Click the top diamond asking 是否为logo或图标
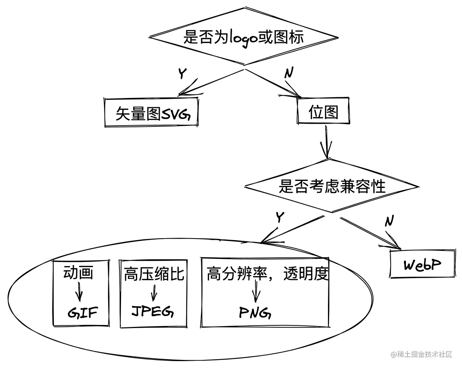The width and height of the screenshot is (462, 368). tap(243, 38)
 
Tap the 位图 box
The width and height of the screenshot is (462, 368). tap(323, 112)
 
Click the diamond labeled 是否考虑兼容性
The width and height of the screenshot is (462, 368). tap(332, 186)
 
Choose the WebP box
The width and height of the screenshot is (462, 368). tap(422, 265)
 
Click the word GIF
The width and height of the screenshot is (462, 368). tap(83, 313)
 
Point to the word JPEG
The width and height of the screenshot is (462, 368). tap(152, 312)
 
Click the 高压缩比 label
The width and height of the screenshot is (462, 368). tap(154, 275)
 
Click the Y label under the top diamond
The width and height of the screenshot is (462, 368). tap(182, 73)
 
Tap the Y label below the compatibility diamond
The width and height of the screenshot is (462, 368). tap(280, 217)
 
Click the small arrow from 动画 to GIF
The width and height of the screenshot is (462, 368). tap(79, 292)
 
